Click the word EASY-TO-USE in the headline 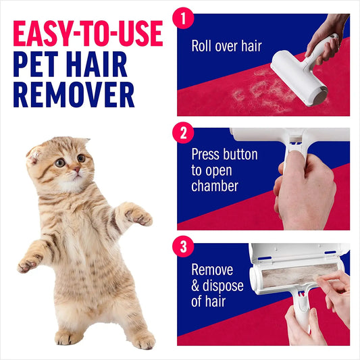tap(88, 33)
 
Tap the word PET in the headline tap(37, 65)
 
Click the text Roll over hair tap(226, 47)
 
